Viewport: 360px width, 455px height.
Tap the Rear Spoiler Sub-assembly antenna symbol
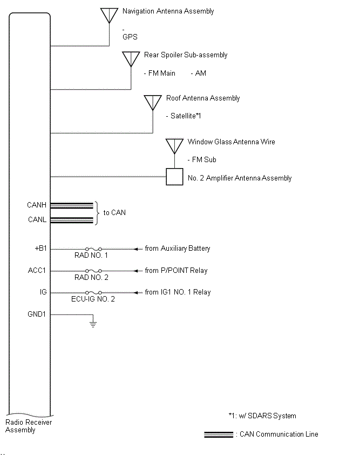click(x=131, y=58)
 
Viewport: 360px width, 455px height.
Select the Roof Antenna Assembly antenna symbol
click(x=153, y=102)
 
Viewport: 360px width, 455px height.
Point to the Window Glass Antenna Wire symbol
click(x=174, y=145)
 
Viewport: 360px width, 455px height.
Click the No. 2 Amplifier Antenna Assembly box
click(x=174, y=177)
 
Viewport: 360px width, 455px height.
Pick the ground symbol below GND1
click(x=93, y=325)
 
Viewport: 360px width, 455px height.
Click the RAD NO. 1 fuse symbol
click(x=93, y=249)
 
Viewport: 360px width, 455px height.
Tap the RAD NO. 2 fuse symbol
click(x=93, y=271)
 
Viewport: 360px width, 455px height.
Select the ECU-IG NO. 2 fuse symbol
click(x=93, y=292)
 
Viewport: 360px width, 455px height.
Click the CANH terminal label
click(x=37, y=205)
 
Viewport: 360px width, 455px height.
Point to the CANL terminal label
click(x=37, y=220)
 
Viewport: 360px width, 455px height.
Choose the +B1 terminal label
click(x=41, y=249)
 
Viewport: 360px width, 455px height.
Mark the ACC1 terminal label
click(x=38, y=270)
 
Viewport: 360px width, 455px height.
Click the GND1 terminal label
click(x=37, y=313)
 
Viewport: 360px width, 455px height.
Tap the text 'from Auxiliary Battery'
click(x=177, y=249)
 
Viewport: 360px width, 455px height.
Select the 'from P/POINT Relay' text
click(x=176, y=270)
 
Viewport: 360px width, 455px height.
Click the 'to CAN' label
click(x=114, y=212)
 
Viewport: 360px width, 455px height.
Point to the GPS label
click(x=130, y=37)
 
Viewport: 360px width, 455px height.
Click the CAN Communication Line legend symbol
click(x=218, y=434)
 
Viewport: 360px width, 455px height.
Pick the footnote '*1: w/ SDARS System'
click(x=262, y=416)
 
